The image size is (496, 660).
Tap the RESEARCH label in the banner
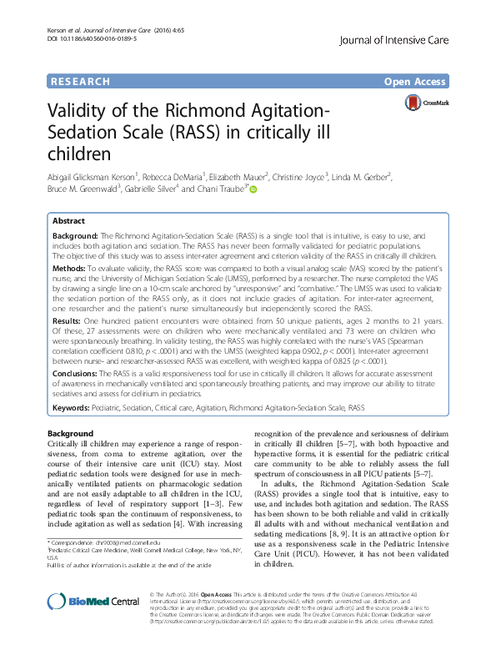(x=80, y=82)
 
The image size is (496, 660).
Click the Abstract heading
(x=68, y=221)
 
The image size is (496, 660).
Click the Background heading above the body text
(x=71, y=435)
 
